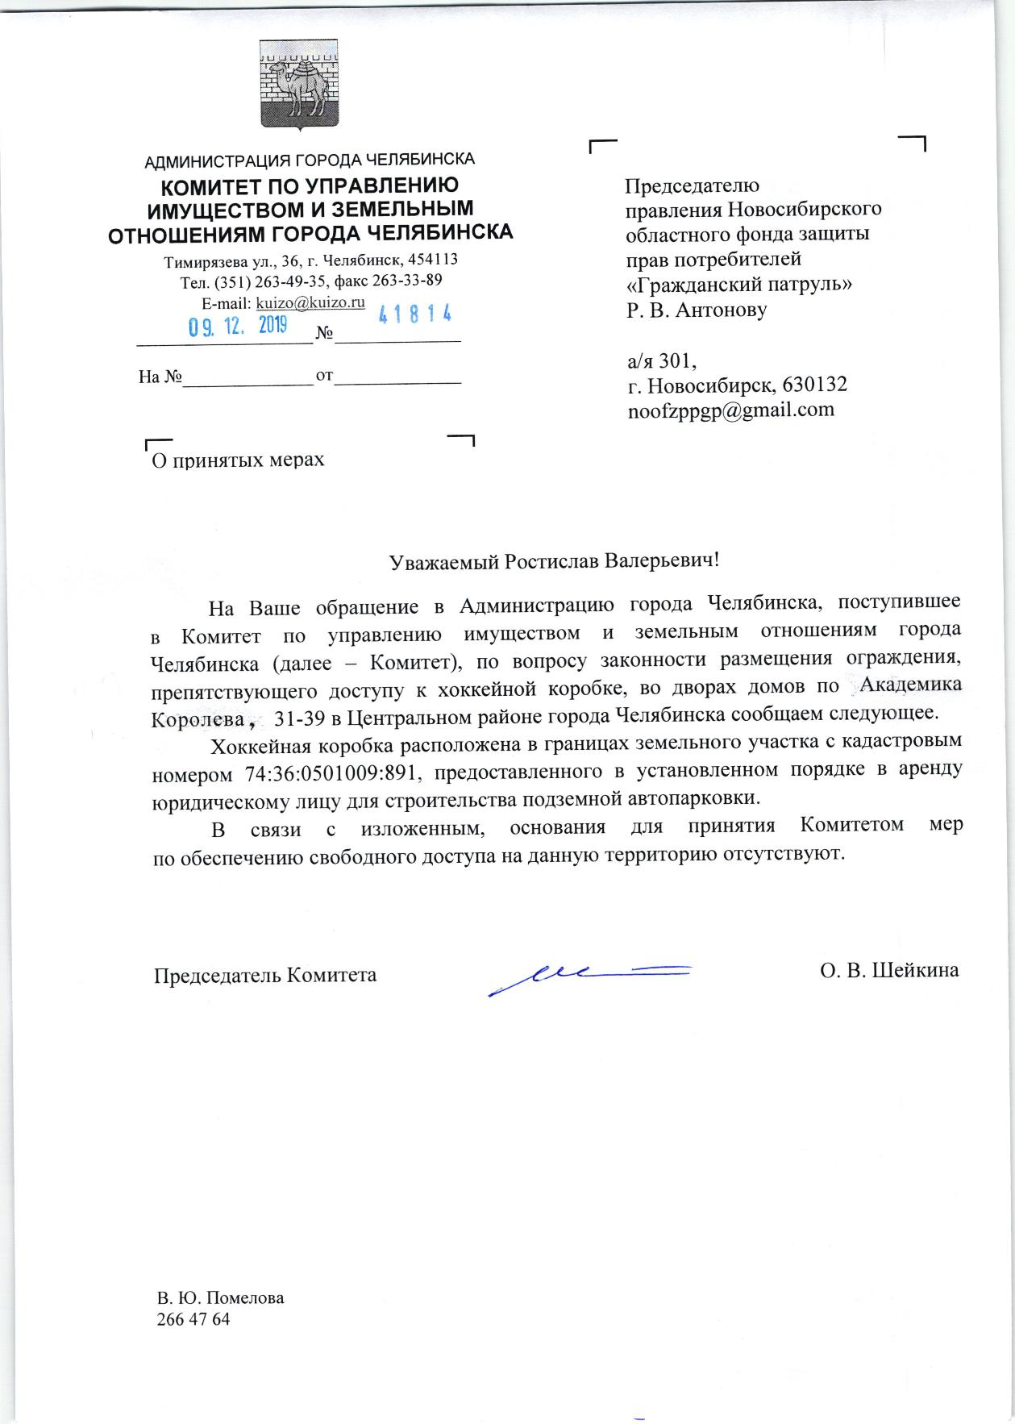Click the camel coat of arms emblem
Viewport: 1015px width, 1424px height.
pyautogui.click(x=297, y=84)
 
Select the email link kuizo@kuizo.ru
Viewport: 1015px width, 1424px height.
pyautogui.click(x=310, y=302)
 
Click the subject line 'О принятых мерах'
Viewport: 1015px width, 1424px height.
pyautogui.click(x=239, y=460)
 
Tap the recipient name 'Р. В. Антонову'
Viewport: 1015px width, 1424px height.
pyautogui.click(x=697, y=310)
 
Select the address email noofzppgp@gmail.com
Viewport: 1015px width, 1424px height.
pyautogui.click(x=730, y=410)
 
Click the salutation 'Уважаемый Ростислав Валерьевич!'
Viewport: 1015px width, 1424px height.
pyautogui.click(x=554, y=561)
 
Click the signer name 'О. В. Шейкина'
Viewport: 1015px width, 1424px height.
pyautogui.click(x=889, y=970)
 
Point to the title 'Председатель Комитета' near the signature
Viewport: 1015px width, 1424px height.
pyautogui.click(x=266, y=975)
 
